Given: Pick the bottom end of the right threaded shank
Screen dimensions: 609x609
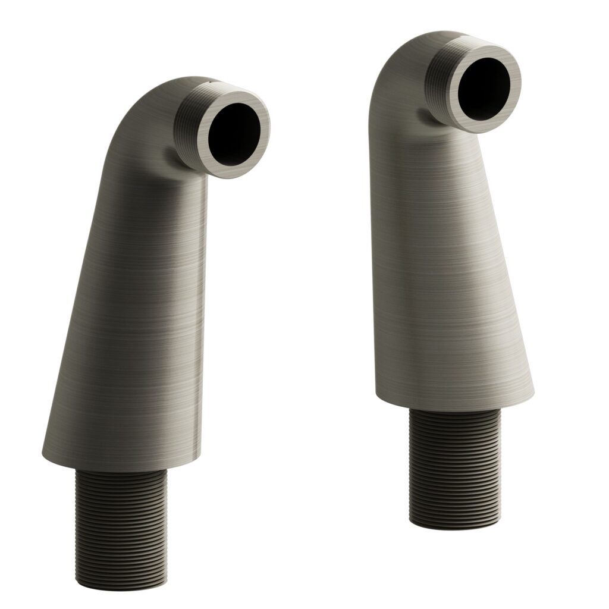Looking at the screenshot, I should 455,523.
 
